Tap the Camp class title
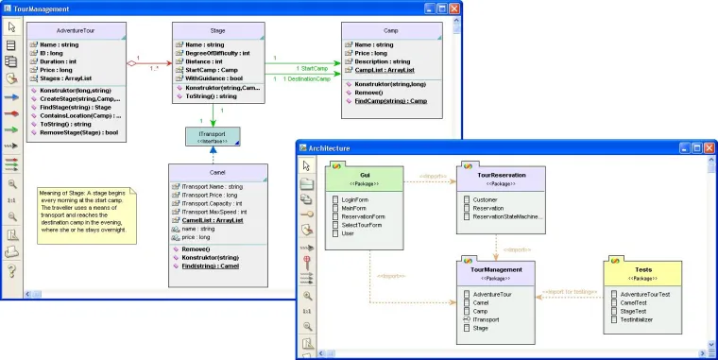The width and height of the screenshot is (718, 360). pyautogui.click(x=391, y=29)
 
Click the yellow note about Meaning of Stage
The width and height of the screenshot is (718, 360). pyautogui.click(x=86, y=213)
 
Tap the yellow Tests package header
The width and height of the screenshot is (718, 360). pyautogui.click(x=645, y=271)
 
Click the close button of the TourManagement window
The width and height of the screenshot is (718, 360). pyautogui.click(x=453, y=9)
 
